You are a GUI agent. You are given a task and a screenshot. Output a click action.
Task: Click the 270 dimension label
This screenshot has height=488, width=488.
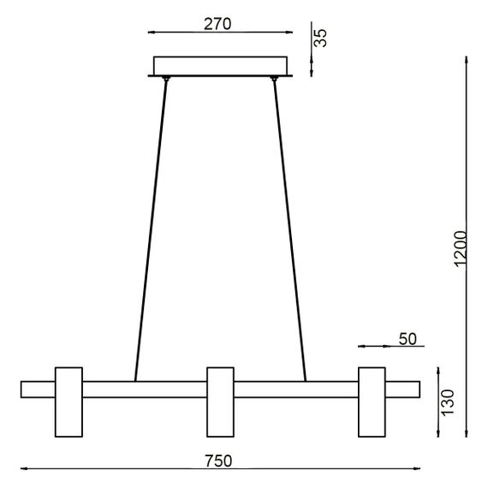pos(218,24)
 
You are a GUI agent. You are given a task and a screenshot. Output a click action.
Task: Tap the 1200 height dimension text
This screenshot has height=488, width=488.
pos(460,249)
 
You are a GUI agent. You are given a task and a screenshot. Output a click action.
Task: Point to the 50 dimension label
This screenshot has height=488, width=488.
pos(408,339)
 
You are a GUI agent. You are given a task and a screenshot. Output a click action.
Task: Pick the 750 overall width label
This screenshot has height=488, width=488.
pos(218,461)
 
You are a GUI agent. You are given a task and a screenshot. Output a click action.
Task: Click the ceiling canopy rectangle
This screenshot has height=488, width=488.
pos(221,66)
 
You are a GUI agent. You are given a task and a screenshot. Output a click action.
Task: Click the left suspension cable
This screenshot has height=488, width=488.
pos(151,231)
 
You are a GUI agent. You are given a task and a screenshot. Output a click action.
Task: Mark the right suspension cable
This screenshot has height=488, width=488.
pos(289,231)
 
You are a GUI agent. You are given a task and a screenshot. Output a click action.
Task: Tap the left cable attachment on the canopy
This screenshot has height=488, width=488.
pos(166,80)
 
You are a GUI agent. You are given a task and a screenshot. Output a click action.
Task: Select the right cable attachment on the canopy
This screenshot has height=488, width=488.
pos(275,80)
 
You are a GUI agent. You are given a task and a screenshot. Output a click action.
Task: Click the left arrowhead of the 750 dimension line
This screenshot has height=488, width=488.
pos(22,469)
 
